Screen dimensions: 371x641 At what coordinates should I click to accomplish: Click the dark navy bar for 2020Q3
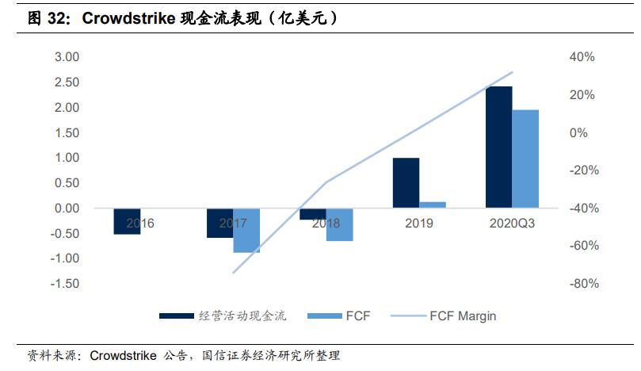coord(499,147)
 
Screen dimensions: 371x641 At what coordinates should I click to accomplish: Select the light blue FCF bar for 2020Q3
coord(525,159)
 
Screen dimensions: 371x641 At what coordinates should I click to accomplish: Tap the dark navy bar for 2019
coord(406,182)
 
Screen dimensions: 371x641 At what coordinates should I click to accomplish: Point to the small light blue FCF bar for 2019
coord(433,205)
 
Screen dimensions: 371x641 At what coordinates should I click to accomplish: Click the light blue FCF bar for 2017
coord(246,231)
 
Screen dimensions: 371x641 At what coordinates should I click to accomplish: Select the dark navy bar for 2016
coord(127,221)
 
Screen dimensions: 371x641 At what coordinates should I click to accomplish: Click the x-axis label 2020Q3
coord(511,224)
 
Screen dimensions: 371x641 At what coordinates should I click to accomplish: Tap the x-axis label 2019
coord(418,224)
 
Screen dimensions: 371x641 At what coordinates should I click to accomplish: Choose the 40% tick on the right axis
coord(582,57)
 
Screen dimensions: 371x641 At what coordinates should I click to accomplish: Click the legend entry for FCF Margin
coord(463,316)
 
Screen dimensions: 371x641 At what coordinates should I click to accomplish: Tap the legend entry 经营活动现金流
coord(242,316)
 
